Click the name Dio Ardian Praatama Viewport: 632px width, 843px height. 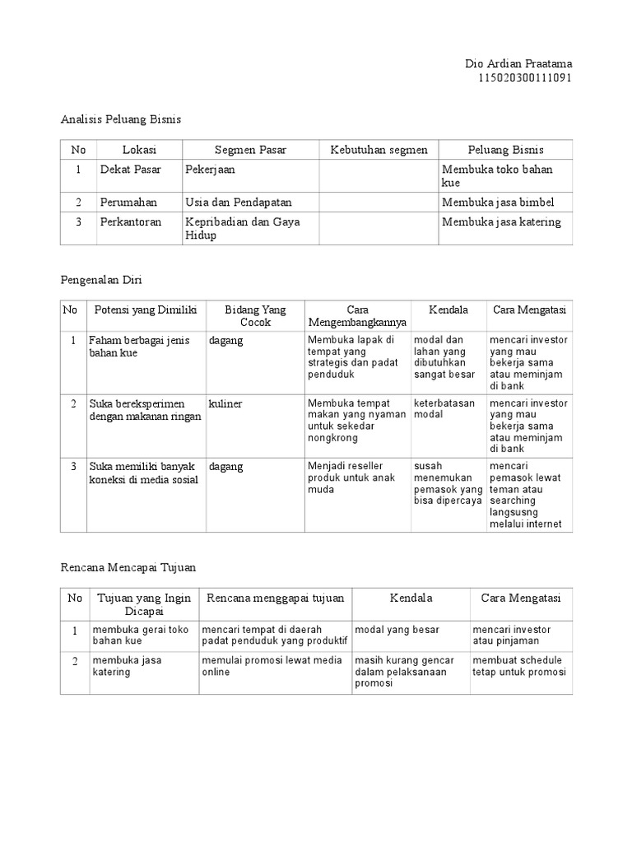(518, 64)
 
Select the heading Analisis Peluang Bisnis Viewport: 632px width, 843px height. (120, 119)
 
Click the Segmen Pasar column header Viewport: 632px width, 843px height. (250, 150)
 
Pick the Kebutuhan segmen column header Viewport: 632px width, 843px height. (379, 150)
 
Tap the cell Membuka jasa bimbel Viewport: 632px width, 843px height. (498, 203)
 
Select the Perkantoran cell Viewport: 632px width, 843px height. (131, 222)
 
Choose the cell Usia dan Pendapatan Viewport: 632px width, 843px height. (239, 203)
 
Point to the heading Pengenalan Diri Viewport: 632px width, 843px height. (102, 280)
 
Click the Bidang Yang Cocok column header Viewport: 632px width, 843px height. (255, 316)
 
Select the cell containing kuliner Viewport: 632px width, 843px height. (225, 403)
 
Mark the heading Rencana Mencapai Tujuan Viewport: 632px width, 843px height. (129, 567)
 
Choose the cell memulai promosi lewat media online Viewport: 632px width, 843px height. (272, 666)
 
